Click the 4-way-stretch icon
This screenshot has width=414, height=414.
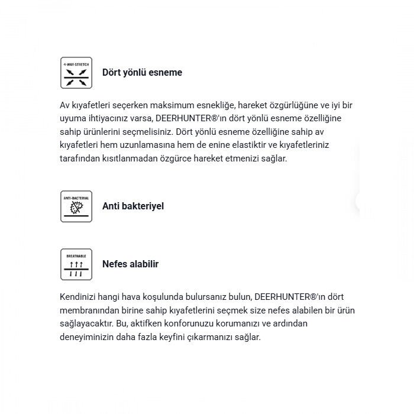pyautogui.click(x=76, y=73)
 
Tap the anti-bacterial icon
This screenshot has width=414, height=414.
pyautogui.click(x=76, y=206)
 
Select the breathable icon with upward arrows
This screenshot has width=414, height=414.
pyautogui.click(x=76, y=264)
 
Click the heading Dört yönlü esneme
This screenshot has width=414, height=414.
pyautogui.click(x=142, y=73)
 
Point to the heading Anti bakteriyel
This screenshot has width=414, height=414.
pyautogui.click(x=133, y=206)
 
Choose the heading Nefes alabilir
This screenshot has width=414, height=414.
pyautogui.click(x=130, y=264)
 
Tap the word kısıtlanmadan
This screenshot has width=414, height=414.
pyautogui.click(x=134, y=159)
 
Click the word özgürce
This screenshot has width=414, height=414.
pyautogui.click(x=185, y=159)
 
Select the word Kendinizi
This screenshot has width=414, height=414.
pyautogui.click(x=79, y=297)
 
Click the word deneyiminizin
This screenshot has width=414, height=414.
pyautogui.click(x=87, y=338)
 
